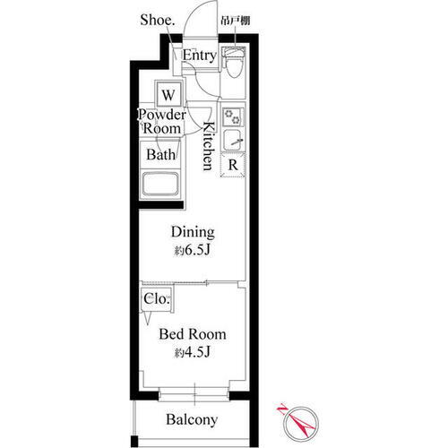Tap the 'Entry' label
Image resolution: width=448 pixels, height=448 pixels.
tap(198, 56)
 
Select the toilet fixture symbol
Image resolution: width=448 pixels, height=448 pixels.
tap(233, 65)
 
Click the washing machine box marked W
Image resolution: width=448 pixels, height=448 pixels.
tap(168, 92)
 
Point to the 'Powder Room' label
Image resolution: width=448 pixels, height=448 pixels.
tap(161, 122)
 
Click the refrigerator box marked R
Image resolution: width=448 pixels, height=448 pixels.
tap(232, 164)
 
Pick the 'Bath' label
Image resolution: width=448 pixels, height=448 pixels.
tap(161, 155)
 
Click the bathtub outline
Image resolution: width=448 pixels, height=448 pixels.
tap(162, 185)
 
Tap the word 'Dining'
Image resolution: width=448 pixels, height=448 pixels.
tap(193, 232)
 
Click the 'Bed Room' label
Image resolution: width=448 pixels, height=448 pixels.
tap(193, 334)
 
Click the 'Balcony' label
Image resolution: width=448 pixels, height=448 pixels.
tap(193, 419)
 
